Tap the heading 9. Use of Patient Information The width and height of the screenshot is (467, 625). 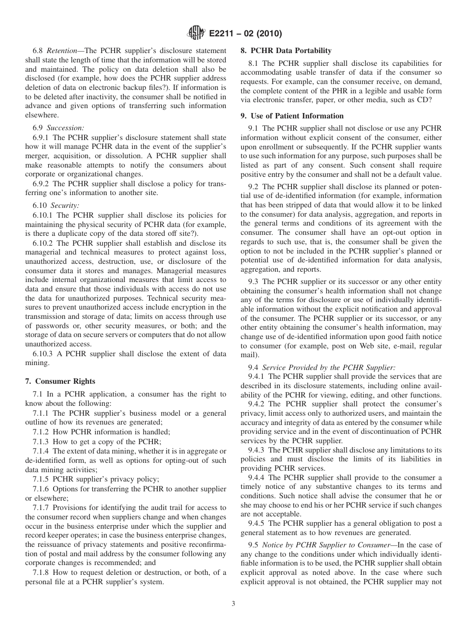pyautogui.click(x=292, y=116)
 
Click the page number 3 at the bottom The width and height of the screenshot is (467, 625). pyautogui.click(x=233, y=604)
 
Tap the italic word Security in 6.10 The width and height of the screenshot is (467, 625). pyautogui.click(x=65, y=205)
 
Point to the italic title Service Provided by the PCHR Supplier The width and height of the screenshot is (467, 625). pyautogui.click(x=328, y=367)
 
